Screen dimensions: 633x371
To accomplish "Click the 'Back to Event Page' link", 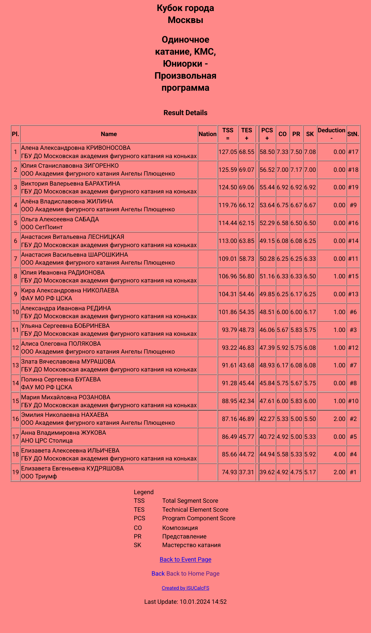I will pyautogui.click(x=185, y=559).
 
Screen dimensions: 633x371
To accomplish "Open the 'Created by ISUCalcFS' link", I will pyautogui.click(x=185, y=588).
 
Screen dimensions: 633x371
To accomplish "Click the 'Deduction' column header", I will pyautogui.click(x=331, y=131).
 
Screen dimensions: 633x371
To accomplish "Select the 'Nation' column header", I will pyautogui.click(x=207, y=134).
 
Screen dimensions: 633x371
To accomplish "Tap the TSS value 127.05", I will pyautogui.click(x=228, y=152).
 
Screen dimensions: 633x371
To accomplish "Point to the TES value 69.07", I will pyautogui.click(x=247, y=170).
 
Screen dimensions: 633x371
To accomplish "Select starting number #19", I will pyautogui.click(x=353, y=187).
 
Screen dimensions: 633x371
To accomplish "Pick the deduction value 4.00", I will pyautogui.click(x=339, y=454).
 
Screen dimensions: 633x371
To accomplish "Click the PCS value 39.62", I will pyautogui.click(x=267, y=472).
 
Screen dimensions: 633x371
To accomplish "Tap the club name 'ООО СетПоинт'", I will pyautogui.click(x=42, y=227).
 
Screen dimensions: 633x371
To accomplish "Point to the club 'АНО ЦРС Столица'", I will pyautogui.click(x=47, y=441).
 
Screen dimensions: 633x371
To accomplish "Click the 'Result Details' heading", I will pyautogui.click(x=185, y=113).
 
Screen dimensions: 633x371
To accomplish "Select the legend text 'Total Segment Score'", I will pyautogui.click(x=190, y=501).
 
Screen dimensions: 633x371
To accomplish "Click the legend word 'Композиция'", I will pyautogui.click(x=180, y=528).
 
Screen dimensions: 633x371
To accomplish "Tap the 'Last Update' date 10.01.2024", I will pyautogui.click(x=194, y=602).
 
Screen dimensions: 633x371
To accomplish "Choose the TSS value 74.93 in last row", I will pyautogui.click(x=229, y=472).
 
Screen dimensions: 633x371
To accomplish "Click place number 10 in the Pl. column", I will pyautogui.click(x=15, y=312).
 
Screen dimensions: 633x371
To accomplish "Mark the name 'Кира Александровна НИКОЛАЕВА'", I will pyautogui.click(x=70, y=290).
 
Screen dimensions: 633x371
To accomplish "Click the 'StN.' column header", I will pyautogui.click(x=353, y=134).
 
